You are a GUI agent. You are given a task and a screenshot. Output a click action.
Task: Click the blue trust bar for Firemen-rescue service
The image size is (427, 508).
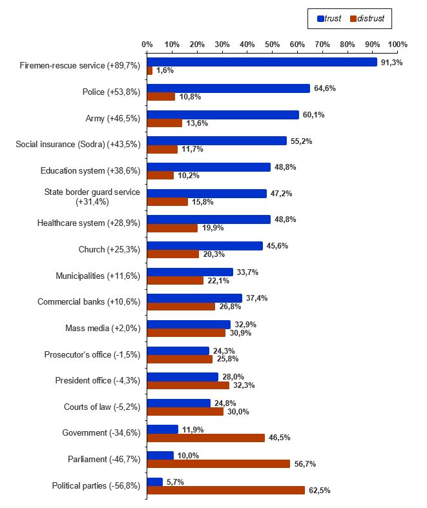(262, 62)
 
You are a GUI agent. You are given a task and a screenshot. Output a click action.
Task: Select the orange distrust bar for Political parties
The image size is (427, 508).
(226, 490)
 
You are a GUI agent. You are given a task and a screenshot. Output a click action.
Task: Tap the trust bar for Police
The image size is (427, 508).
(229, 88)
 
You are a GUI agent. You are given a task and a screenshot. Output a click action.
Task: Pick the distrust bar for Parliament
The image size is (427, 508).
(218, 463)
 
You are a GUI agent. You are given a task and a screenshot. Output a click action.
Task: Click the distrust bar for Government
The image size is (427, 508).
(206, 438)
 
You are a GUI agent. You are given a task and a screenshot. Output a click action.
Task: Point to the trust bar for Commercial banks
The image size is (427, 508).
(194, 298)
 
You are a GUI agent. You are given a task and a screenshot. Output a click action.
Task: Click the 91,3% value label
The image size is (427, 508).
(391, 63)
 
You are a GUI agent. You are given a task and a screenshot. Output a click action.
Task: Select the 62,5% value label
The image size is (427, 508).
(319, 491)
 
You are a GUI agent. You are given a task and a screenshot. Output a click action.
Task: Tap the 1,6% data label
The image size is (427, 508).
(165, 70)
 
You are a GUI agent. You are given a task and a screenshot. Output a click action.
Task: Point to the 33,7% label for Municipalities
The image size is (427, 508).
(247, 272)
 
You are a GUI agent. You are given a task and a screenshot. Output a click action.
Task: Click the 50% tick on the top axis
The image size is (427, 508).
(273, 45)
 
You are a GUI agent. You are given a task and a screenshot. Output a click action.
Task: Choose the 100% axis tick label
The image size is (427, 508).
(398, 45)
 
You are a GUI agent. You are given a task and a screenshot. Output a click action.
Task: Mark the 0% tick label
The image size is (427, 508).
(147, 45)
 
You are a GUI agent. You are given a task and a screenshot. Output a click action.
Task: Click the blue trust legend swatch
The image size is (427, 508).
(320, 19)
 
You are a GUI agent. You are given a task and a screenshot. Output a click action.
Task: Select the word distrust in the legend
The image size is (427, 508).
(371, 19)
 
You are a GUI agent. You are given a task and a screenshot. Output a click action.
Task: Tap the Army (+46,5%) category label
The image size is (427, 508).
(113, 119)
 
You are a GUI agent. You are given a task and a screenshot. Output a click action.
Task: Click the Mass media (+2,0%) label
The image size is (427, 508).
(103, 328)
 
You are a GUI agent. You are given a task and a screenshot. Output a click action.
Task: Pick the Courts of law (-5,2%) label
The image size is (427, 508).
(102, 407)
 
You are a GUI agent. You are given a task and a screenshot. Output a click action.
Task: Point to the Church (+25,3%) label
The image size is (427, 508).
(109, 249)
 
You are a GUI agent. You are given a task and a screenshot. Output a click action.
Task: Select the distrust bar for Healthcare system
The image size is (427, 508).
(172, 228)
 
